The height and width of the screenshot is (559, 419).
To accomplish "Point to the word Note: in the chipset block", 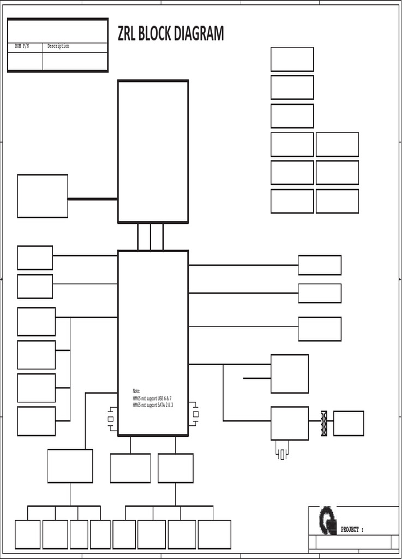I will point(136,391).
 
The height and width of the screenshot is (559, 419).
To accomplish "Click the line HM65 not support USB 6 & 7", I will point(152,399).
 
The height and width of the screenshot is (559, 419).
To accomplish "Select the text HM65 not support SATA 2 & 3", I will point(153,405).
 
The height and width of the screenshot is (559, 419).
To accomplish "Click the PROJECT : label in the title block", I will point(352,530).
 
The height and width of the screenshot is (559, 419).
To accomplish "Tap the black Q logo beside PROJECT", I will point(327,521).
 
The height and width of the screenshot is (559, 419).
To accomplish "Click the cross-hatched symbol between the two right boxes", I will point(324,423).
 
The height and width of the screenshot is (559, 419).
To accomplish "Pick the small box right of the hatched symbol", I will point(349,424).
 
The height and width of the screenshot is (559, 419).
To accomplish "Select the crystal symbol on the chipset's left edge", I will point(111,419).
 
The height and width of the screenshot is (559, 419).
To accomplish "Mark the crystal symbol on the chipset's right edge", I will point(195,414).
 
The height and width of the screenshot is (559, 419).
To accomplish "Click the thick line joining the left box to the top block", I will point(93,199).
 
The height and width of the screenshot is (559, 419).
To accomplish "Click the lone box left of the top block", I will point(43,196).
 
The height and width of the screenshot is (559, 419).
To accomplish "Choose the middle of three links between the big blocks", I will point(151,236).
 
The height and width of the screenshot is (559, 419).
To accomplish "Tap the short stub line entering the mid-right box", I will point(256,378).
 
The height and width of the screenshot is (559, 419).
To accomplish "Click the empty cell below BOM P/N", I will point(25,61).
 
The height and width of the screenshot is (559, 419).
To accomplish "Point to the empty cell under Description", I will point(75,61).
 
